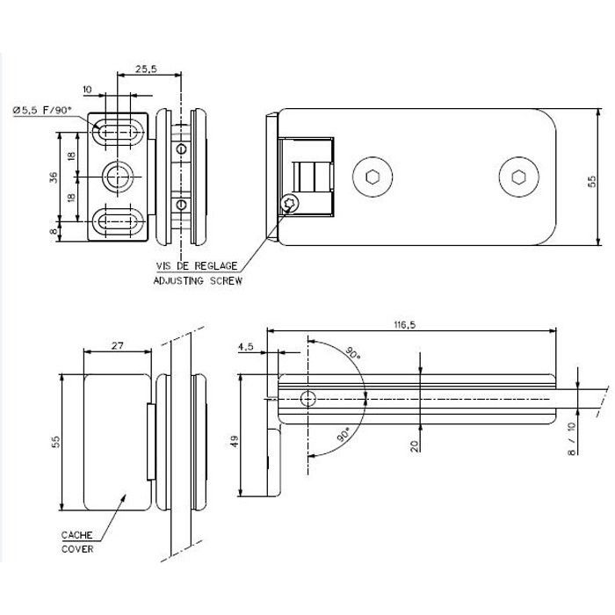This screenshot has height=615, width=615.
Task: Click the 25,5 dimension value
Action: coord(147,70)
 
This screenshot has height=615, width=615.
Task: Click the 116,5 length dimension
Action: coord(405,324)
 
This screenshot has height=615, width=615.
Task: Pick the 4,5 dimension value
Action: coord(245,346)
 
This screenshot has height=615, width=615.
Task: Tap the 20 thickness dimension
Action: coord(414,445)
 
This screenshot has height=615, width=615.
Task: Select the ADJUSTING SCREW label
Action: coord(198,281)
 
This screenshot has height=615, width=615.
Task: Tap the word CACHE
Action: coord(78,535)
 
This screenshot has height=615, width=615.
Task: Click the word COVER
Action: coord(78,550)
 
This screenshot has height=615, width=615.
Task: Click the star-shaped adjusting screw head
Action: coord(291,204)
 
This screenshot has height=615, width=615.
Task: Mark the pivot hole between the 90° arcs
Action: coord(307,399)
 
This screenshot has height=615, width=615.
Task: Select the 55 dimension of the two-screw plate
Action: coord(592,181)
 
